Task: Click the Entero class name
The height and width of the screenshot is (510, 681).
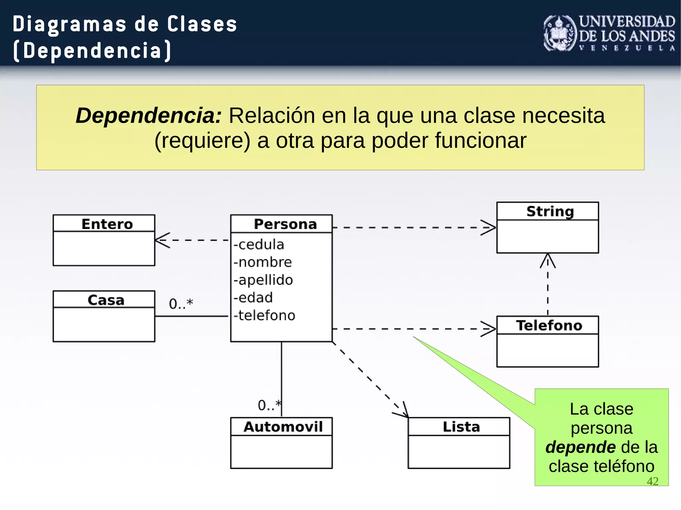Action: pos(107,224)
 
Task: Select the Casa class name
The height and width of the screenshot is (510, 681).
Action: pos(106,300)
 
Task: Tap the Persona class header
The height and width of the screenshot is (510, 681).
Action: pos(285,224)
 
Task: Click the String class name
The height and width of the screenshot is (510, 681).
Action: pos(550,212)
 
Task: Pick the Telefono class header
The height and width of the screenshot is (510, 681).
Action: pos(549,326)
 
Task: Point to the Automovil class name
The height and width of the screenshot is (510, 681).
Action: pos(283,427)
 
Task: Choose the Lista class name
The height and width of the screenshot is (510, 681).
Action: pos(461,427)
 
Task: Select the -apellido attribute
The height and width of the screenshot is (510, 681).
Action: pos(263,280)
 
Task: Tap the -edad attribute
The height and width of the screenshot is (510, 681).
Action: pos(253,298)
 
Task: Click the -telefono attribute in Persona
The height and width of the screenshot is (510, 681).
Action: pos(264,316)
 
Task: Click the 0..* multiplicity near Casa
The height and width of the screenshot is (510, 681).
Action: pos(181,304)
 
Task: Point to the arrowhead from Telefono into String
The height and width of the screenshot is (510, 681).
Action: pos(548,260)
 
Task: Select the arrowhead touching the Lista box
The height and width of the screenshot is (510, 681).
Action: pos(403,412)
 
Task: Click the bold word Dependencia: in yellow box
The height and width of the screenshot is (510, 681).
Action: pos(149,116)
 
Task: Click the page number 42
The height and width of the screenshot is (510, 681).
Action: pos(652,481)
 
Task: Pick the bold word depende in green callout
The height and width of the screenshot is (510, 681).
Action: pos(580,447)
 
